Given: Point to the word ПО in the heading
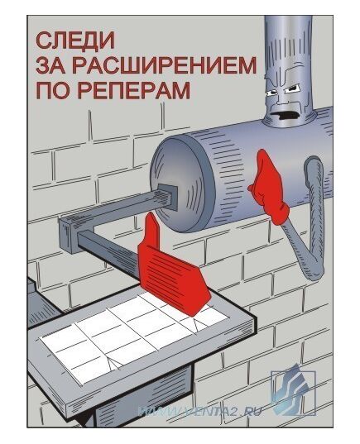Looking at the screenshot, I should pyautogui.click(x=50, y=89).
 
